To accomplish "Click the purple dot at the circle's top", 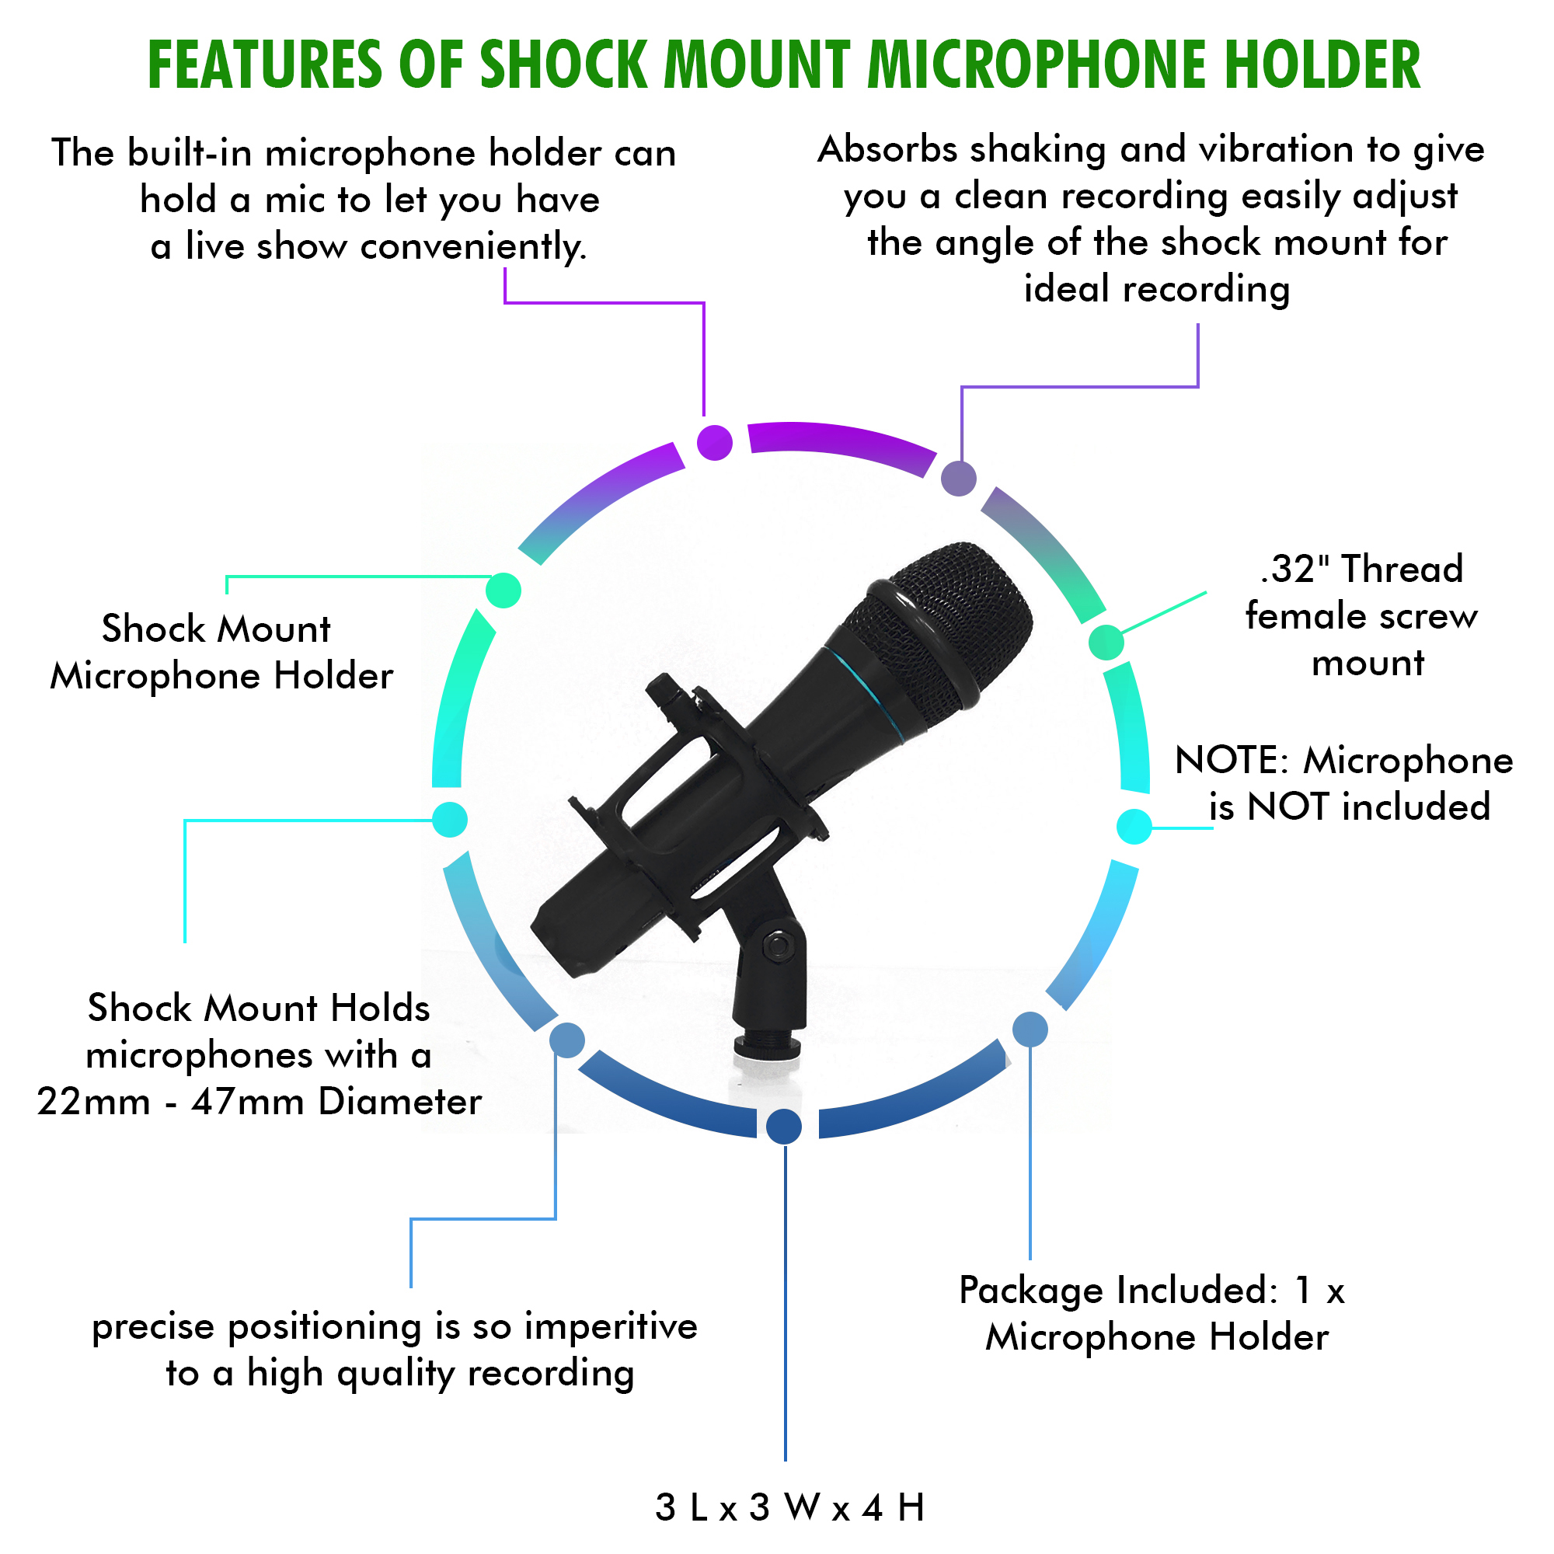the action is [x=714, y=442].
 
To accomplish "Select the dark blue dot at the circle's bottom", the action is [x=784, y=1126].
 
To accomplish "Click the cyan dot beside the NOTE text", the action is [x=1134, y=827].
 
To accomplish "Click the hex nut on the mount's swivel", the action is [x=777, y=946].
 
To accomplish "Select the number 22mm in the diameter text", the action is [x=93, y=1102].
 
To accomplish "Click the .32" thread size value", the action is [x=1294, y=569].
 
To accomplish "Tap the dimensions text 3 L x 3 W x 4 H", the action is [x=790, y=1507].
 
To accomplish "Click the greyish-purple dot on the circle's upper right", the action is [x=959, y=479].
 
